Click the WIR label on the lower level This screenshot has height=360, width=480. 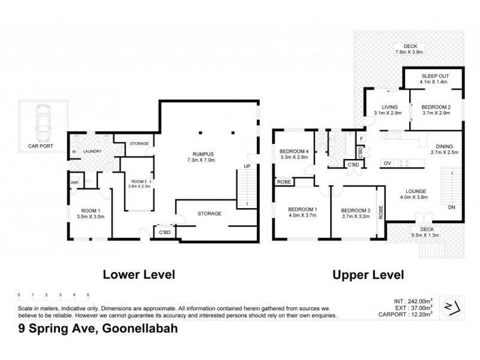[x=75, y=183]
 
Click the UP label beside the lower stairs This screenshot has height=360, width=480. [x=246, y=166]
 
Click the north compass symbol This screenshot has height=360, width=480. [x=453, y=307]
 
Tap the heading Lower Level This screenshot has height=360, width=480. [x=139, y=275]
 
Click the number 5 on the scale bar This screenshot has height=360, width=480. [x=88, y=295]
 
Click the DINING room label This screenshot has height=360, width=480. [x=445, y=146]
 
